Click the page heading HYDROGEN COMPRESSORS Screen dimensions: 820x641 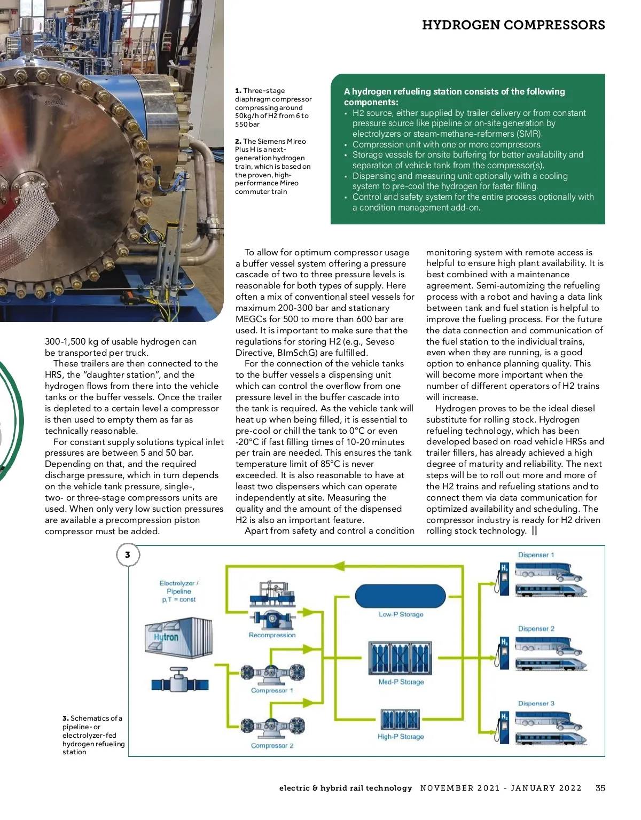[x=513, y=25]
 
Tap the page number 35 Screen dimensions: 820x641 [x=600, y=788]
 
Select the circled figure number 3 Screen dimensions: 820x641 [x=128, y=555]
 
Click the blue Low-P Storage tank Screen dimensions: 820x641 [x=400, y=595]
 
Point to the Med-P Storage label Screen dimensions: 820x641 [x=401, y=682]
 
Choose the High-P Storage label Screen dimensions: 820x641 [x=401, y=737]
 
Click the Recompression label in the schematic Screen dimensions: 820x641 [x=272, y=635]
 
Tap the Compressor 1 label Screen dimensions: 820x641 [x=272, y=691]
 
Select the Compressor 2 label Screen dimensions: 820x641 [x=272, y=746]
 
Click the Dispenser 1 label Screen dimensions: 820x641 [x=536, y=555]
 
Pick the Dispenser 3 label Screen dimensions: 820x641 [x=536, y=704]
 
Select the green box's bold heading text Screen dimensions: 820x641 [x=454, y=97]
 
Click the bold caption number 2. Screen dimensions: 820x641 [x=238, y=142]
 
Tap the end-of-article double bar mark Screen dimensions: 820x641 [x=534, y=530]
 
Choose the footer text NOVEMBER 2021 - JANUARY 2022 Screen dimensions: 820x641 [x=501, y=788]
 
